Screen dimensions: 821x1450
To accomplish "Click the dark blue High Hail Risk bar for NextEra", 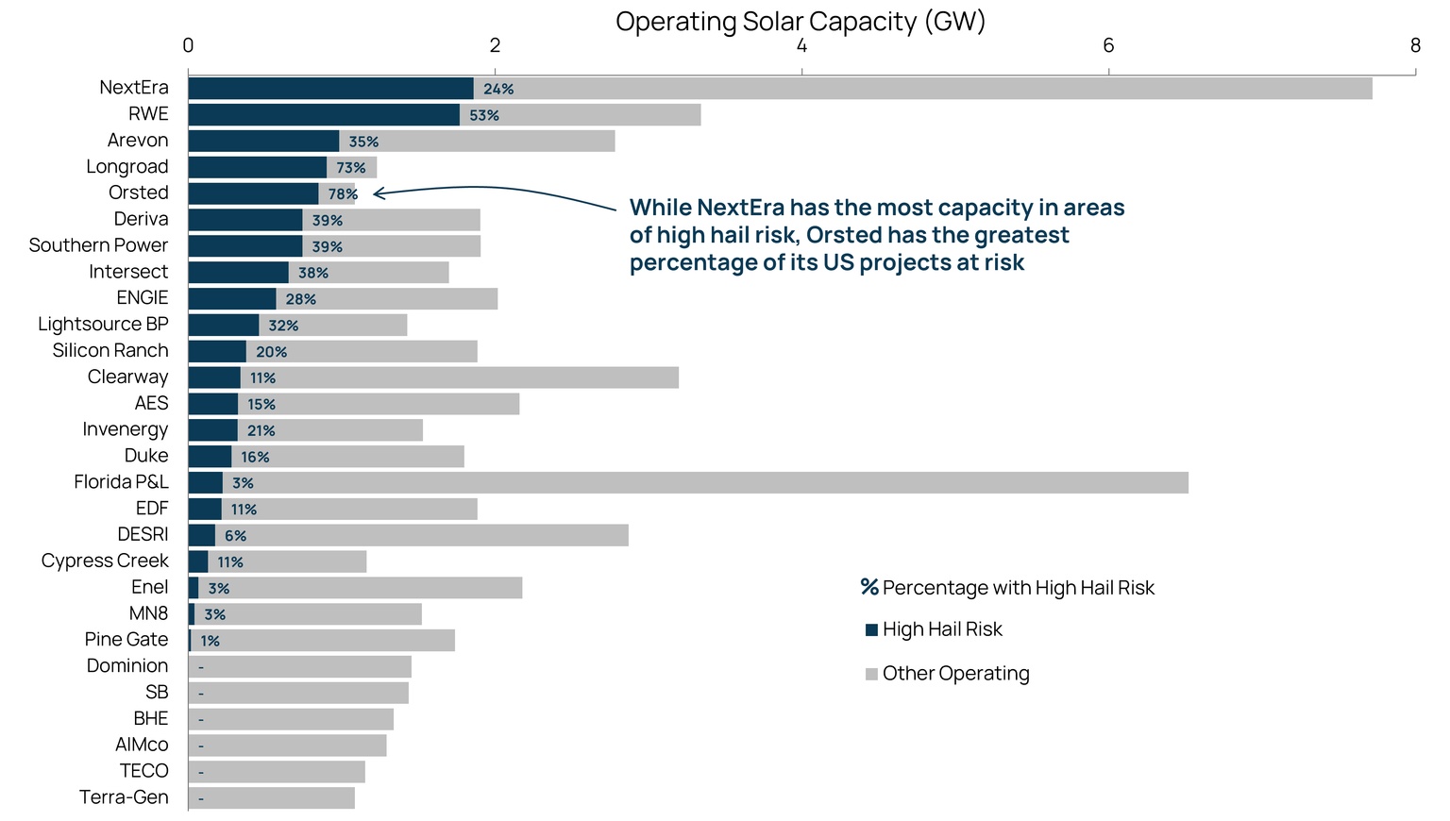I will [330, 89].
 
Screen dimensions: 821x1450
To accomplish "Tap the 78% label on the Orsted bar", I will [343, 194].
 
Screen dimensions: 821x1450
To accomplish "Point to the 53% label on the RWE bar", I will [484, 115].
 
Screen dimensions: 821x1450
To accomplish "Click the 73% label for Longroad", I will [351, 168].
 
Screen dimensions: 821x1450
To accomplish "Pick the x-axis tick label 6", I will [1108, 45].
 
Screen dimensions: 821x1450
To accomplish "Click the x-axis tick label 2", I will [495, 45].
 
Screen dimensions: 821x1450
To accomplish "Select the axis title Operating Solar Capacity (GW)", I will [801, 21].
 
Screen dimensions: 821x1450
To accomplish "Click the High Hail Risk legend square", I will [871, 629].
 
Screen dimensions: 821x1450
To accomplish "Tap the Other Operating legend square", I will [871, 674].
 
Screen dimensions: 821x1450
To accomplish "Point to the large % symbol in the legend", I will [869, 587].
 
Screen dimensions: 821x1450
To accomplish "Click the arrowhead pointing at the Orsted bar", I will [378, 194].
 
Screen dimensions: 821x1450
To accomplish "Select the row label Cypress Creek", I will [105, 561].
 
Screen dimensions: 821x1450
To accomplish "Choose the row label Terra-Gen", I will [124, 797].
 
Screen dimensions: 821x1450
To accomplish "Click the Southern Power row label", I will [98, 245].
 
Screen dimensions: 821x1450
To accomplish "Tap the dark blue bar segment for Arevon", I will [263, 142].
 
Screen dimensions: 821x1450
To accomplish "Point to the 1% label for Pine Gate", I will [210, 641].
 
